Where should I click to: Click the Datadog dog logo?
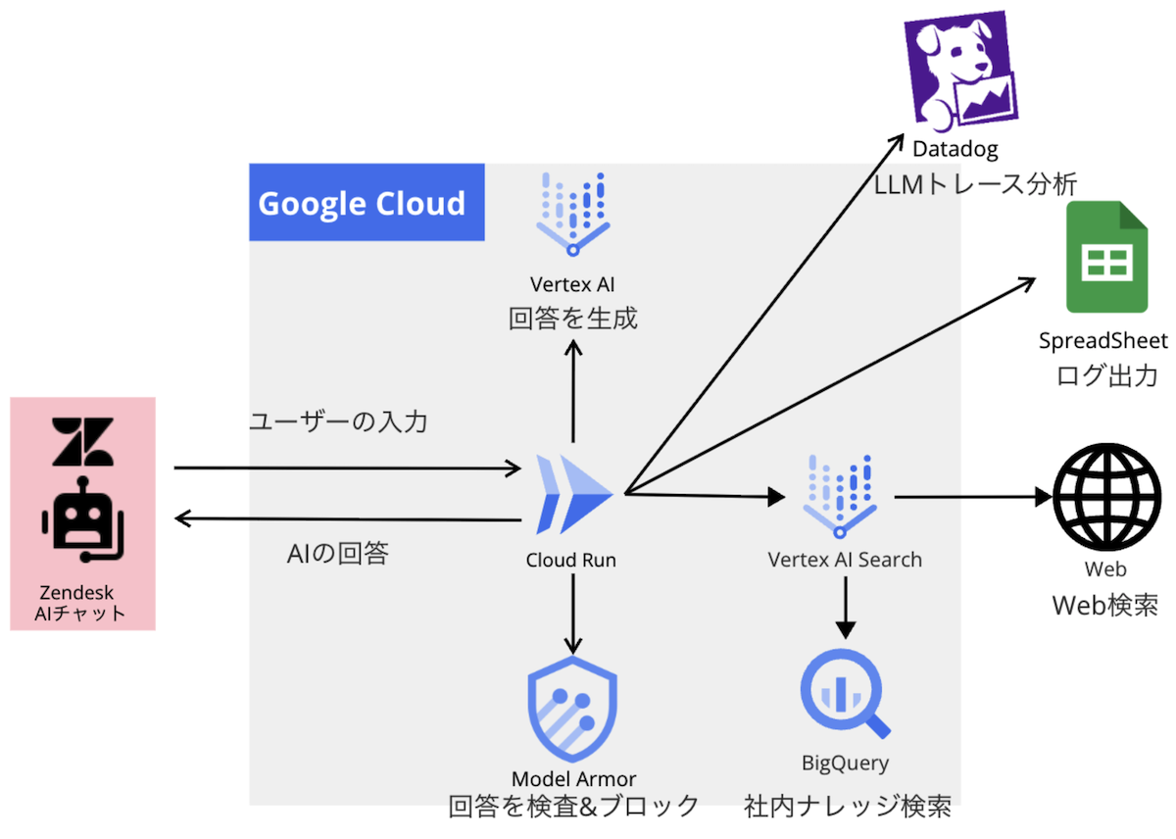(961, 70)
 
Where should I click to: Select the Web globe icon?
(1104, 497)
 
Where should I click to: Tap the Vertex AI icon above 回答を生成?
(573, 214)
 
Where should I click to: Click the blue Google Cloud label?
(367, 203)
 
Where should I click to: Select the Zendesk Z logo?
(83, 442)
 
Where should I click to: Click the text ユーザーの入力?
(338, 423)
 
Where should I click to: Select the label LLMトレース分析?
(976, 183)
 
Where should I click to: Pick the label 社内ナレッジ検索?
(847, 807)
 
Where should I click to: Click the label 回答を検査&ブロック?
(573, 807)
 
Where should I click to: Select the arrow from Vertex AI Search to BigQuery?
(846, 608)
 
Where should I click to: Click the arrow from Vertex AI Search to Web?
(970, 497)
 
